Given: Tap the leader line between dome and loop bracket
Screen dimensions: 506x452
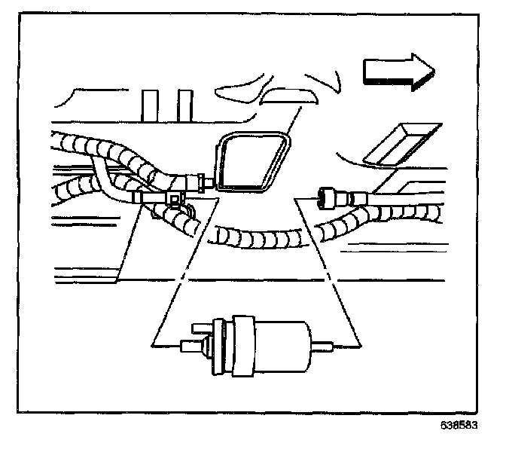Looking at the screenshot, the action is click(x=286, y=121).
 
